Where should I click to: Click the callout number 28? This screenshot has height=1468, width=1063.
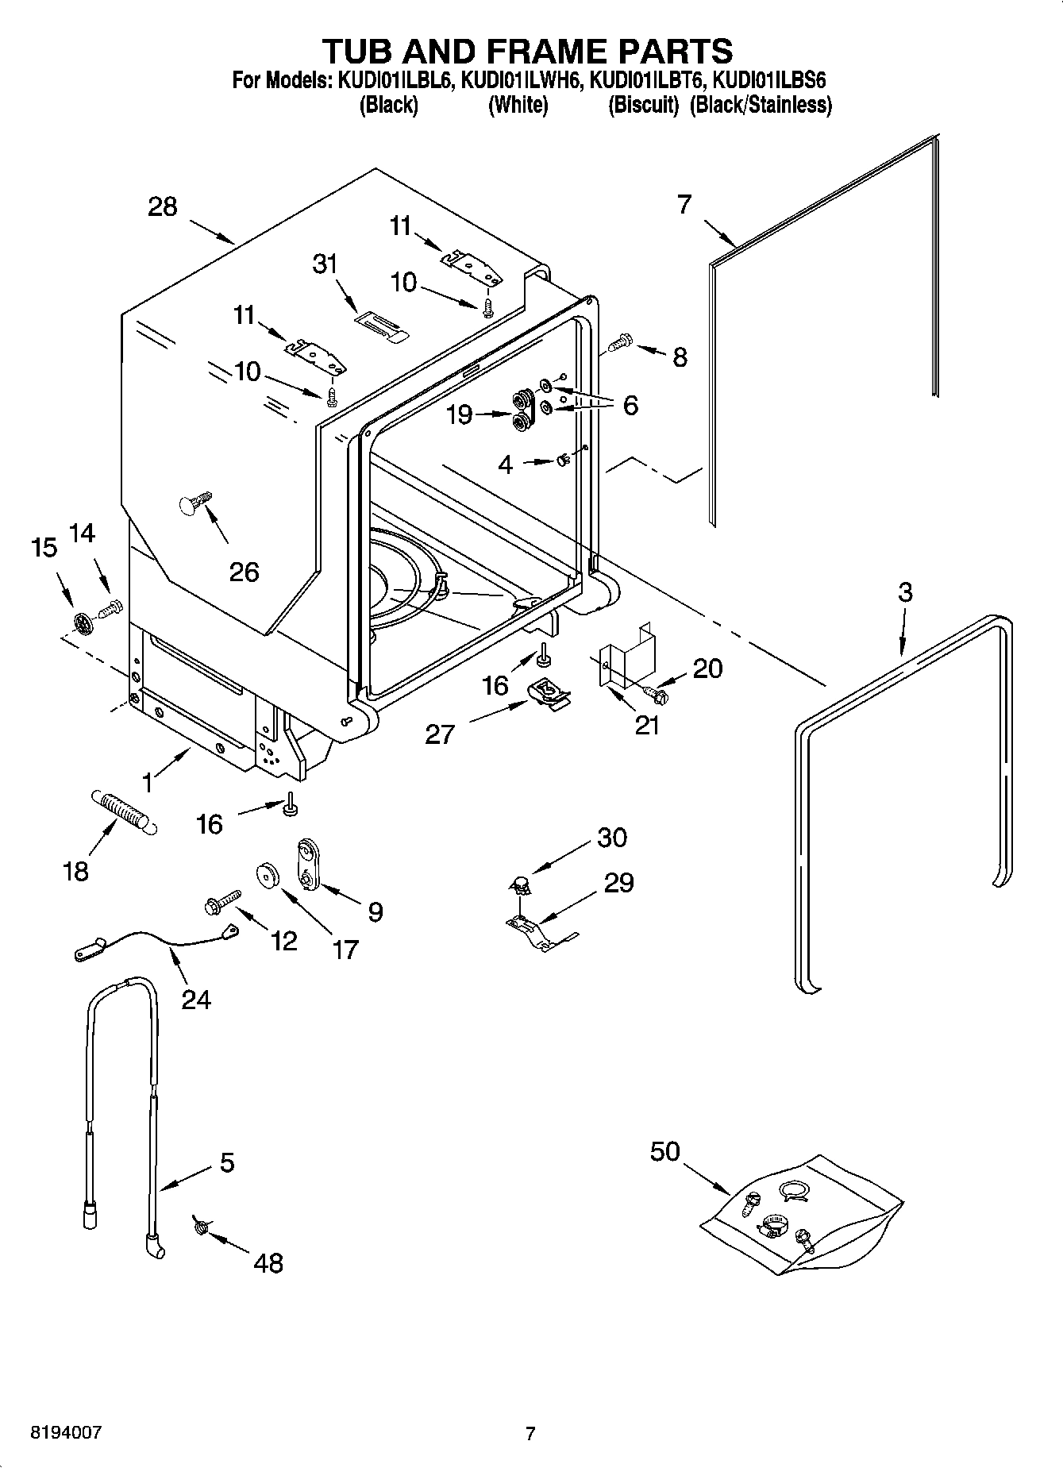(x=163, y=207)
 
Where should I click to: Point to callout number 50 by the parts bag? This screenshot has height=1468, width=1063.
(x=665, y=1150)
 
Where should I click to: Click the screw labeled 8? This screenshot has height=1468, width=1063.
(x=618, y=343)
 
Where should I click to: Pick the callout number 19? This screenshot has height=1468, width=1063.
(x=460, y=414)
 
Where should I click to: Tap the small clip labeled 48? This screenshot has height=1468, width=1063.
(x=200, y=1227)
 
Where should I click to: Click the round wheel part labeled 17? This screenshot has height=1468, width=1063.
(x=267, y=874)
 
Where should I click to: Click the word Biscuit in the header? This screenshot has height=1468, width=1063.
(x=643, y=106)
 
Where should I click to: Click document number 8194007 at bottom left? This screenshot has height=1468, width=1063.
(x=66, y=1432)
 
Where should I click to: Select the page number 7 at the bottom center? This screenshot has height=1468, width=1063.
(x=530, y=1433)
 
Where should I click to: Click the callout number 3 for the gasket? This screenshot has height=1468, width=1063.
(x=904, y=592)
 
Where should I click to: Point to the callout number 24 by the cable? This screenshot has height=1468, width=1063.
(x=196, y=999)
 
